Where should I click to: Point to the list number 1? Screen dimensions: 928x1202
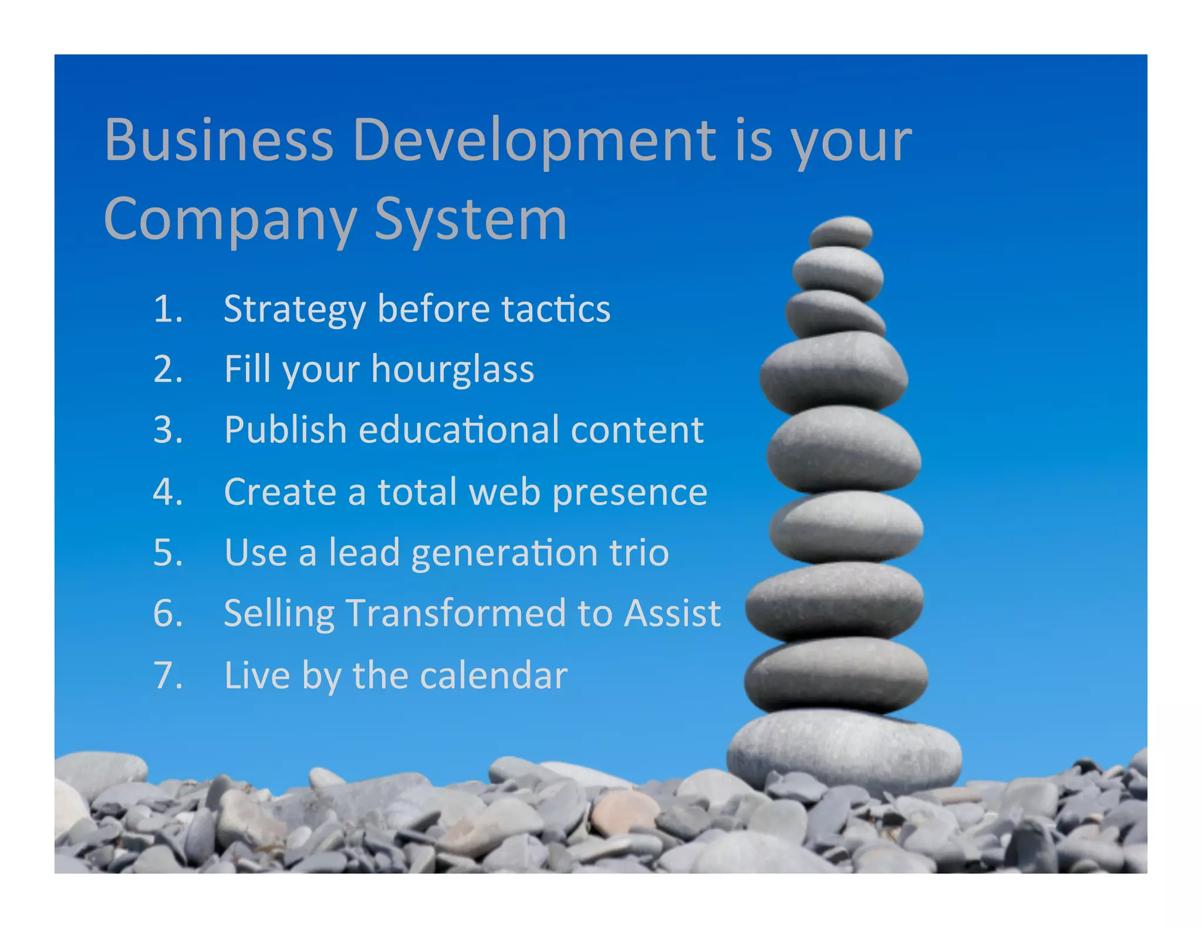(168, 309)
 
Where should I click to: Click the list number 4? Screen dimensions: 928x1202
(168, 492)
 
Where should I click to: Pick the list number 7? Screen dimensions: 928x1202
(168, 675)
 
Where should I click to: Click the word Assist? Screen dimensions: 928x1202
(672, 614)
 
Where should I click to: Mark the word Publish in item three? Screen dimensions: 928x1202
(286, 430)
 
